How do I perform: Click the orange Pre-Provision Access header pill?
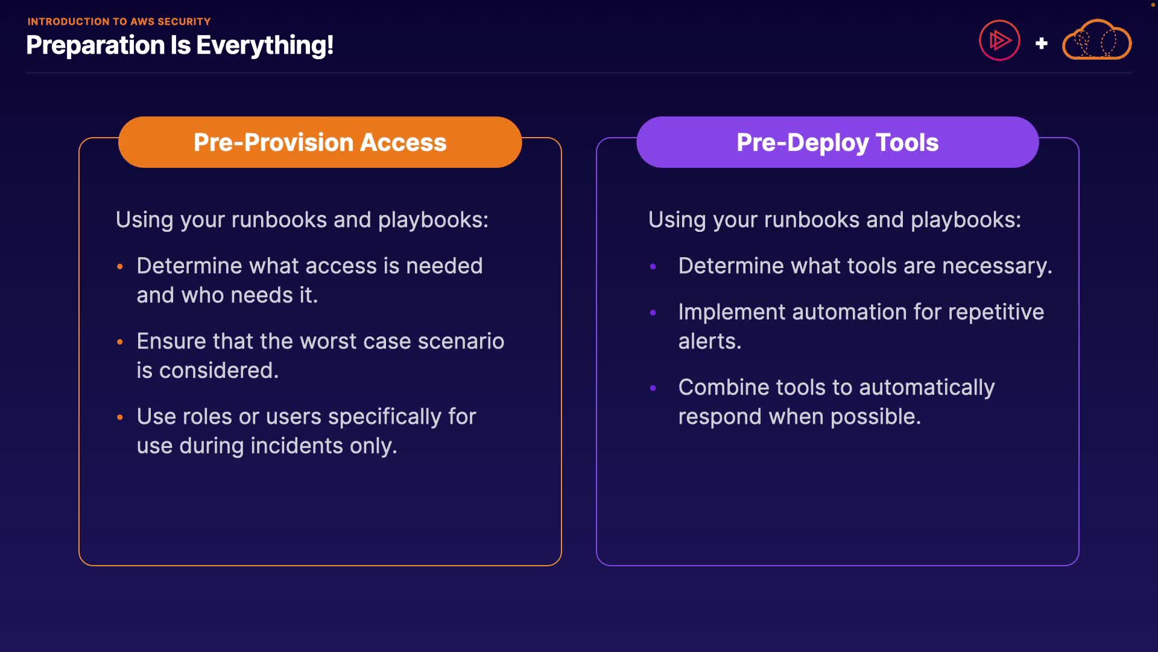(x=320, y=142)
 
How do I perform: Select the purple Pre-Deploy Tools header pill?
(x=837, y=142)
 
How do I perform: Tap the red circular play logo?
(x=999, y=40)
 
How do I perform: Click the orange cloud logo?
(x=1096, y=40)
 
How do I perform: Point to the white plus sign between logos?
(x=1041, y=43)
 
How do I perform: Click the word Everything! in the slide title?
(x=265, y=46)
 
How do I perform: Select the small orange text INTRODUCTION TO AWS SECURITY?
(x=119, y=22)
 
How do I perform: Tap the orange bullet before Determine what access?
(x=120, y=266)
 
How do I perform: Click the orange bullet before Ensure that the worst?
(x=120, y=342)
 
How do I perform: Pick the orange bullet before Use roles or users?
(x=120, y=417)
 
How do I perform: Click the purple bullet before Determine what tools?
(x=653, y=266)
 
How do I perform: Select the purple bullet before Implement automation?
(x=653, y=312)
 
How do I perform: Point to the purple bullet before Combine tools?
(x=653, y=388)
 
